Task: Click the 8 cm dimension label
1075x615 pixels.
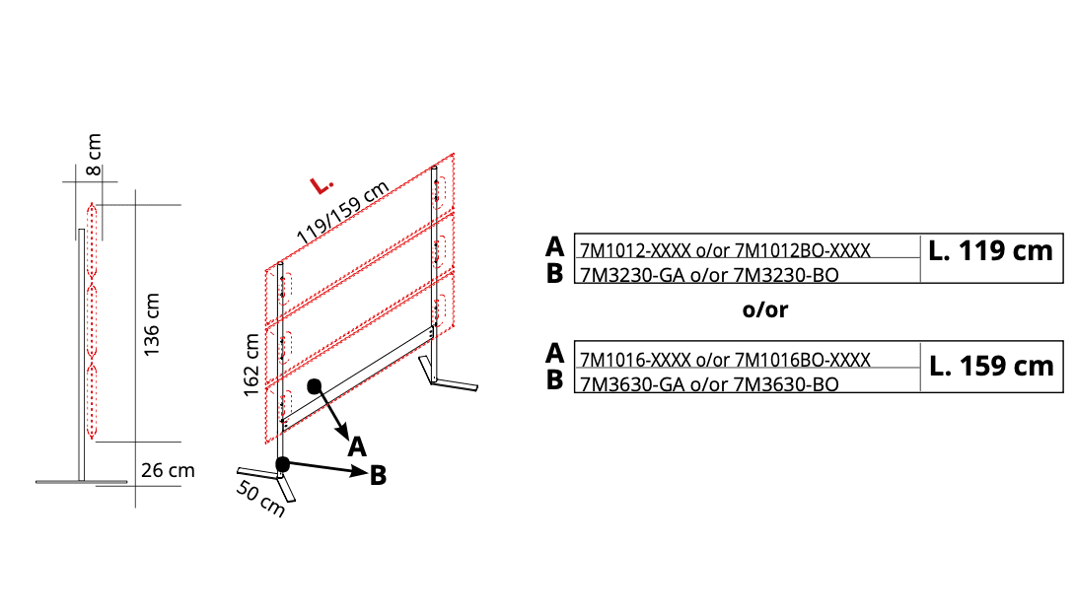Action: click(x=94, y=155)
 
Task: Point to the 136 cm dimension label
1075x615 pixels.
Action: click(x=152, y=324)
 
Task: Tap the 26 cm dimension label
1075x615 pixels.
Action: click(x=168, y=470)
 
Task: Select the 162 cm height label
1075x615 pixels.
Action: click(x=251, y=365)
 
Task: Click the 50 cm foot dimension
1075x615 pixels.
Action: click(x=260, y=498)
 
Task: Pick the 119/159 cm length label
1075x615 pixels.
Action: click(x=343, y=212)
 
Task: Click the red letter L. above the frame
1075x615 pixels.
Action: click(x=321, y=185)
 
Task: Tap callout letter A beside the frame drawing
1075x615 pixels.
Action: click(x=356, y=447)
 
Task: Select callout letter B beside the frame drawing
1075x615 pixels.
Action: click(x=378, y=475)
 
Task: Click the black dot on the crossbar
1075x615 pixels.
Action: click(x=314, y=386)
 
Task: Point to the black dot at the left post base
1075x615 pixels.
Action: click(x=282, y=465)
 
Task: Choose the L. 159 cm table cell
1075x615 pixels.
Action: click(x=991, y=367)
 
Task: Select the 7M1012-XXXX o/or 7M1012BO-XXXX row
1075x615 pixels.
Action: click(x=725, y=250)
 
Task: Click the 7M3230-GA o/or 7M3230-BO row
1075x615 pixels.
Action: click(x=709, y=275)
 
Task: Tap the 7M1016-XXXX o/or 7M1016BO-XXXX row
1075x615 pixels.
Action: click(x=725, y=360)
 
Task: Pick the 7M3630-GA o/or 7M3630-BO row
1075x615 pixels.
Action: click(x=709, y=384)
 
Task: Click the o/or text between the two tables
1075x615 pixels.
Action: click(x=765, y=309)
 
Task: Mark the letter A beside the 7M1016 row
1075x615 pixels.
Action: click(x=554, y=354)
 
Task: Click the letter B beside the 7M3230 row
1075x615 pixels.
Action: click(x=554, y=273)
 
